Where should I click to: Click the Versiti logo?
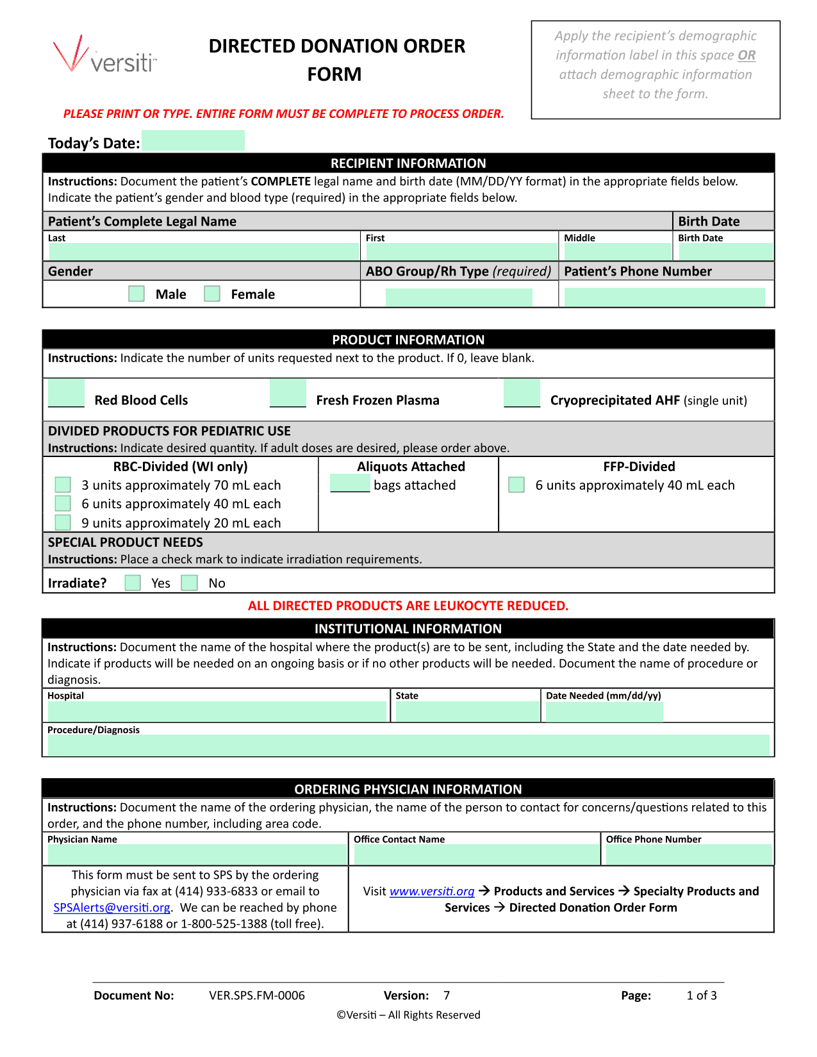click(105, 55)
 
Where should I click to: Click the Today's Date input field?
click(193, 141)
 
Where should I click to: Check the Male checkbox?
click(136, 294)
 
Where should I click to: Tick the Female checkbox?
click(212, 294)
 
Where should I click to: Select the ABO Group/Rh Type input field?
click(459, 297)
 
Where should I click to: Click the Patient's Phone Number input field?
click(664, 297)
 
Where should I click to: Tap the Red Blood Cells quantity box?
click(66, 393)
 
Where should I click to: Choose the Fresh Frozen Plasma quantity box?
click(288, 393)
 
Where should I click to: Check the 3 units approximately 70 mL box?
click(63, 485)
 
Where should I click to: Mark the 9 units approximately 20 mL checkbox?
click(63, 522)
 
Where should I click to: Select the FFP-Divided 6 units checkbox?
click(516, 485)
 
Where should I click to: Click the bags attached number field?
click(350, 483)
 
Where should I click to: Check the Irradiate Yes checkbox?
click(133, 583)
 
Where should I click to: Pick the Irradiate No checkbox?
click(189, 583)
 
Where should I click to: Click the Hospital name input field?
click(217, 712)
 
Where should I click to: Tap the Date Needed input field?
click(604, 712)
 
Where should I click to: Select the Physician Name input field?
click(197, 854)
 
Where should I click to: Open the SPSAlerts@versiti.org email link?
click(112, 908)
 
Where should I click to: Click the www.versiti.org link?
click(432, 892)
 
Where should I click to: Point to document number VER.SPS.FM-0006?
click(257, 995)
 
